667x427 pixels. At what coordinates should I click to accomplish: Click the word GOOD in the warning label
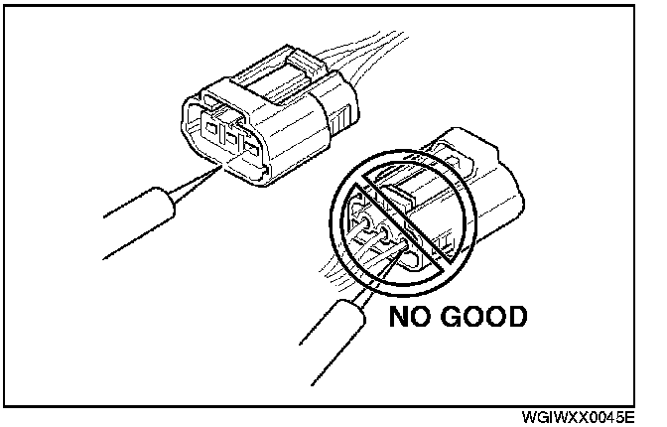pyautogui.click(x=480, y=319)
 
